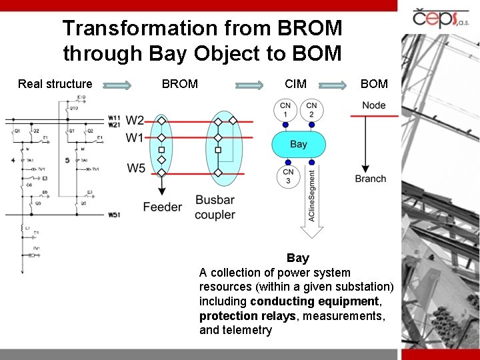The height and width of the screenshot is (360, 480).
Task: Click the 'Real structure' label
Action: point(55,84)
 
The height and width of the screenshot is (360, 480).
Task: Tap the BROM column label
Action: point(180,84)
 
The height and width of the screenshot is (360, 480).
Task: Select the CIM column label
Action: point(295,84)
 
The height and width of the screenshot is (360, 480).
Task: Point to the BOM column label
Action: point(373,84)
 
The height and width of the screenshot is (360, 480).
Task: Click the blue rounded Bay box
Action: point(299,144)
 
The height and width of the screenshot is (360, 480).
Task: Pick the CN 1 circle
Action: point(286,110)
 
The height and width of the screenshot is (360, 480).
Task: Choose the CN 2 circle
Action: point(311,110)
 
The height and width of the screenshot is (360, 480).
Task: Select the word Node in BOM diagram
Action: point(374,105)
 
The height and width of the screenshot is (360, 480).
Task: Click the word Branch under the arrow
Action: point(371,179)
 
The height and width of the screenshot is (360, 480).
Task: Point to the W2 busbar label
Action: point(135,121)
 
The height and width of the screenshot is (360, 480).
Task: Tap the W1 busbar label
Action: point(135,138)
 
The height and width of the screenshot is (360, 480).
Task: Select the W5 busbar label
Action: point(136,169)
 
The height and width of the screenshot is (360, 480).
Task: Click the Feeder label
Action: point(162,207)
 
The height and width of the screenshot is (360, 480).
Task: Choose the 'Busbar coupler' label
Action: point(215,207)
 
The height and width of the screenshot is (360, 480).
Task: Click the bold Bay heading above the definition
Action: point(298,258)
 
